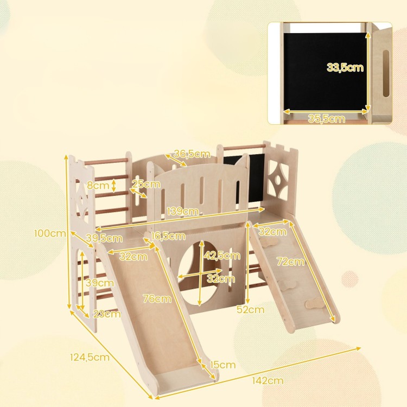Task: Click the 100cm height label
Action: tap(50, 233)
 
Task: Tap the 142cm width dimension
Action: tap(268, 380)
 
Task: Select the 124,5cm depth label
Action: tap(90, 358)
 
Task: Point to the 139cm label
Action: tap(183, 211)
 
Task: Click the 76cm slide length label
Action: tap(157, 299)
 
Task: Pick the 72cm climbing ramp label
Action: tap(290, 262)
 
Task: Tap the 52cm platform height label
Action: tap(251, 309)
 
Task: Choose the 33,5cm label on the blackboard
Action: tap(345, 67)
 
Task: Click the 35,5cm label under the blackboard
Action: tap(327, 119)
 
